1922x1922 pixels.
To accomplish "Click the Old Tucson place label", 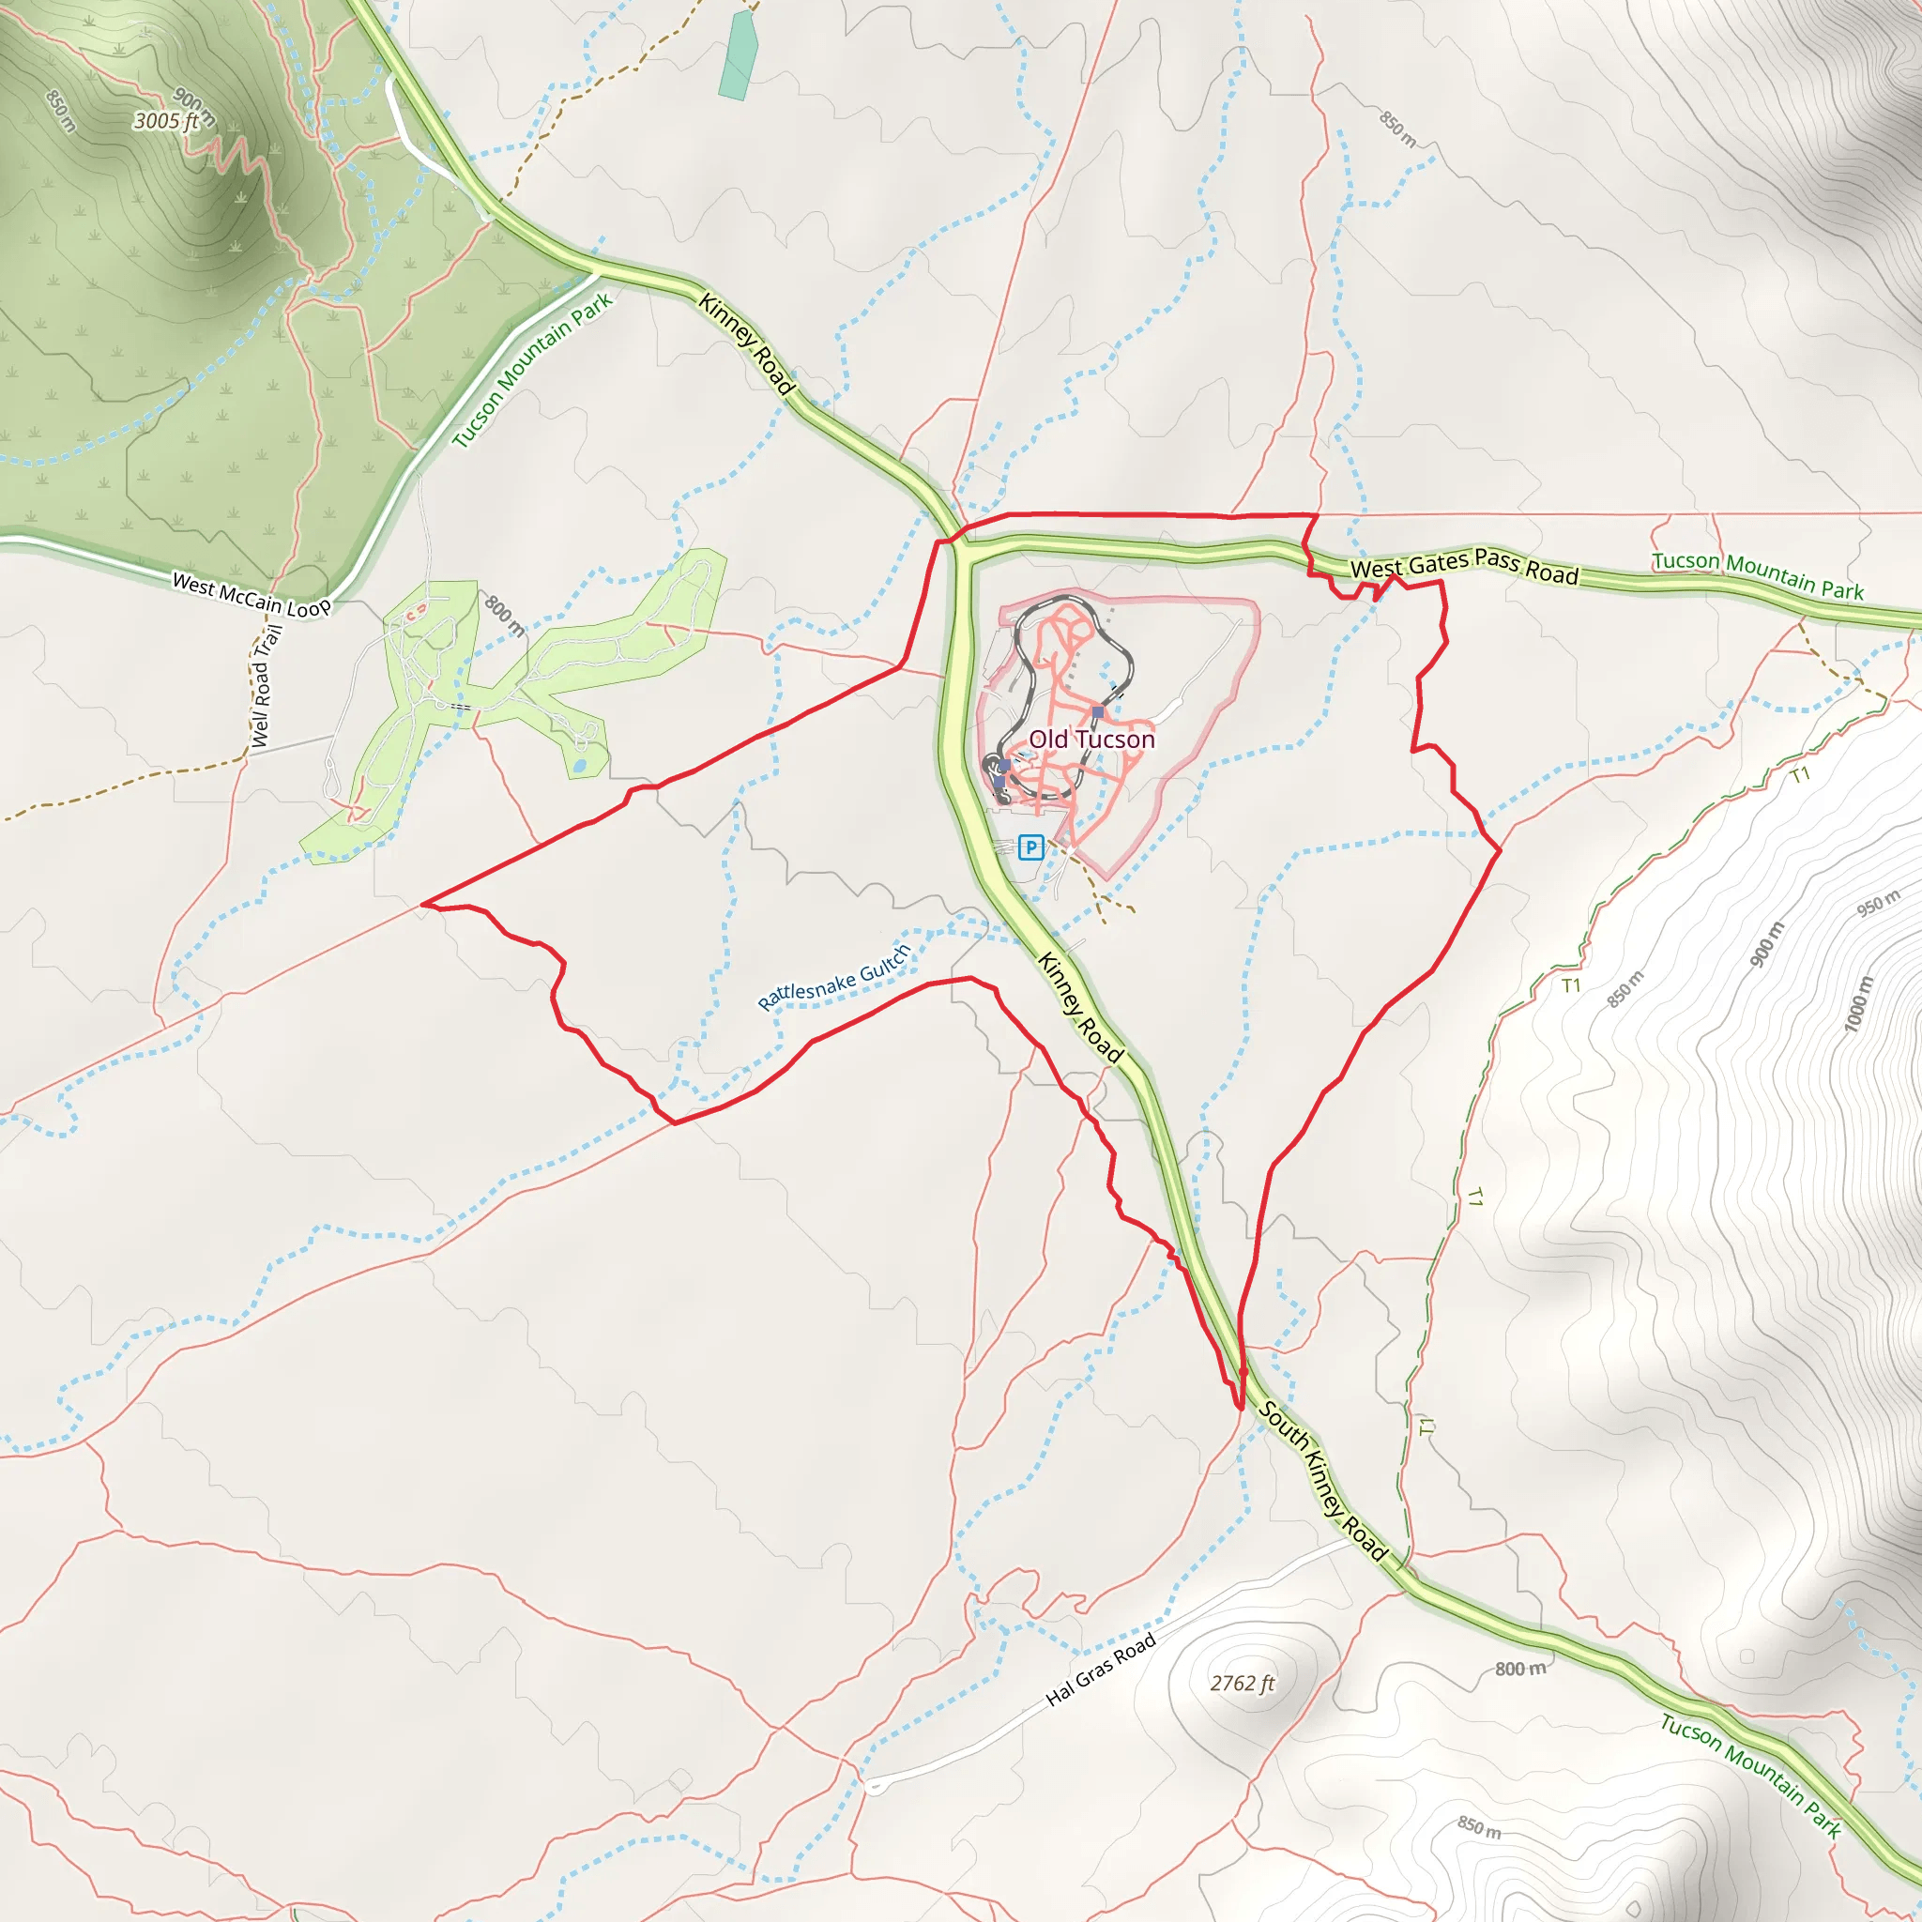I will coord(1091,740).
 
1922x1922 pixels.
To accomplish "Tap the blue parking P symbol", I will coord(1030,847).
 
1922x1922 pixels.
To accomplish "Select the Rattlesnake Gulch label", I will coord(833,978).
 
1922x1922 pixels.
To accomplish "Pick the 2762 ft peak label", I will coord(1242,1685).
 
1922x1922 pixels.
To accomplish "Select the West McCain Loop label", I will coord(251,595).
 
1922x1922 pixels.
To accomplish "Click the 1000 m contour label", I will coord(1857,1005).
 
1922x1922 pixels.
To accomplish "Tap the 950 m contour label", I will coord(1878,904).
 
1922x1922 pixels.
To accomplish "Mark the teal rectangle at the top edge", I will coord(737,55).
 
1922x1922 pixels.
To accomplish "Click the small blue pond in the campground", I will coord(580,767).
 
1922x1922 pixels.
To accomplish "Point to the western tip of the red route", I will coord(423,904).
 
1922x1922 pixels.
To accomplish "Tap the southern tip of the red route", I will coord(1240,1408).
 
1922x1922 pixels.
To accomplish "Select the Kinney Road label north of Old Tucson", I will coord(746,344).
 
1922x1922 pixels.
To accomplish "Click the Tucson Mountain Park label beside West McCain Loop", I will coord(533,370).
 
